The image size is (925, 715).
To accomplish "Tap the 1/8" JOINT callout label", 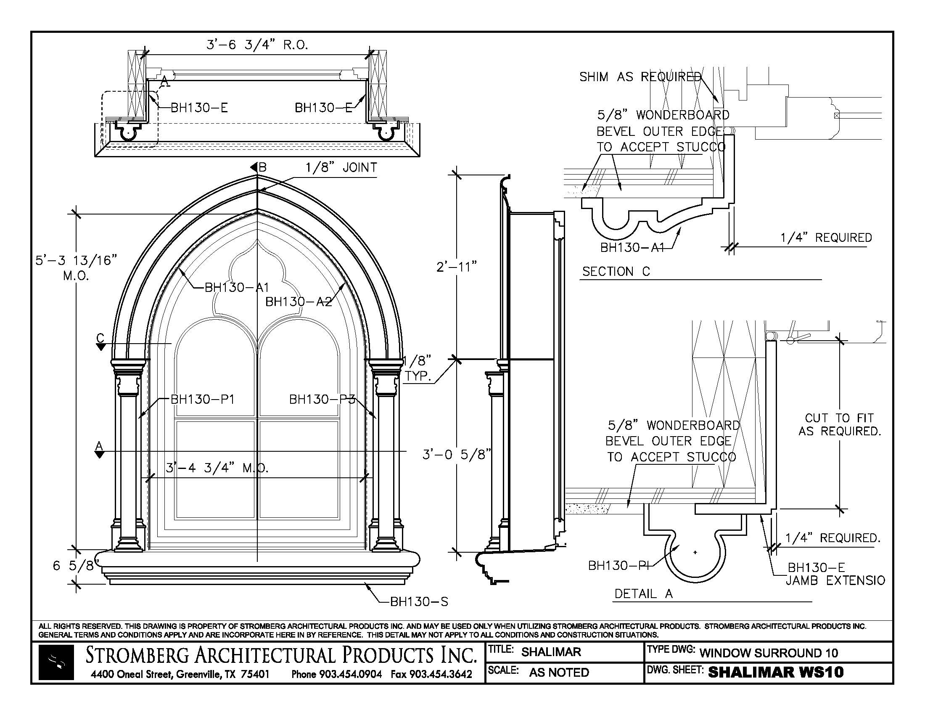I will coord(341,168).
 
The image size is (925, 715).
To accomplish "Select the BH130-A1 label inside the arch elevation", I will coord(237,288).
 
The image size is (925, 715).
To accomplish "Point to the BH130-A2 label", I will coord(298,302).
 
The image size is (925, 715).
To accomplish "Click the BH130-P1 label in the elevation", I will coord(203,399).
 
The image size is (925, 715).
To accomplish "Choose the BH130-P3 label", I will coord(322,399).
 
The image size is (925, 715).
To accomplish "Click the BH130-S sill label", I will coord(419,601).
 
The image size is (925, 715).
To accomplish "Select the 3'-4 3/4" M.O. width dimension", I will coord(217,468).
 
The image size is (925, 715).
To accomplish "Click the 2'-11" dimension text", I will coord(456,267).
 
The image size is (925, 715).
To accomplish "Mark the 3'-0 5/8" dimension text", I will coord(457,455).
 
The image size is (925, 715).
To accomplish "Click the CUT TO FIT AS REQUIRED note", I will coord(840,424).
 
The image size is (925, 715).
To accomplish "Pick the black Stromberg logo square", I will coord(56,662).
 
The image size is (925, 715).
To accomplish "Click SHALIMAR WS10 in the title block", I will coord(775,672).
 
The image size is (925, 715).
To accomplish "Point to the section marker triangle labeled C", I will coord(100,347).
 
